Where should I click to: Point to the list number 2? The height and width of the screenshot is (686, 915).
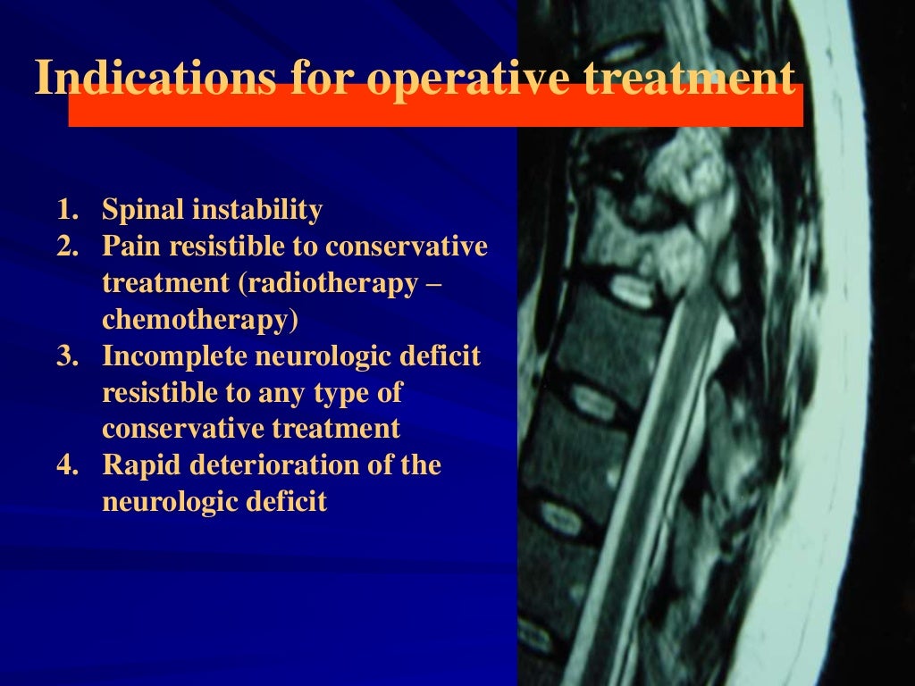click(67, 247)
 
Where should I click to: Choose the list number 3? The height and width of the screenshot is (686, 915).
click(67, 356)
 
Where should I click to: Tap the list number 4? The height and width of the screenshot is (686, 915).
click(67, 466)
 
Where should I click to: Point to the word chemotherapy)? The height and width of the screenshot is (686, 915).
click(201, 320)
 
